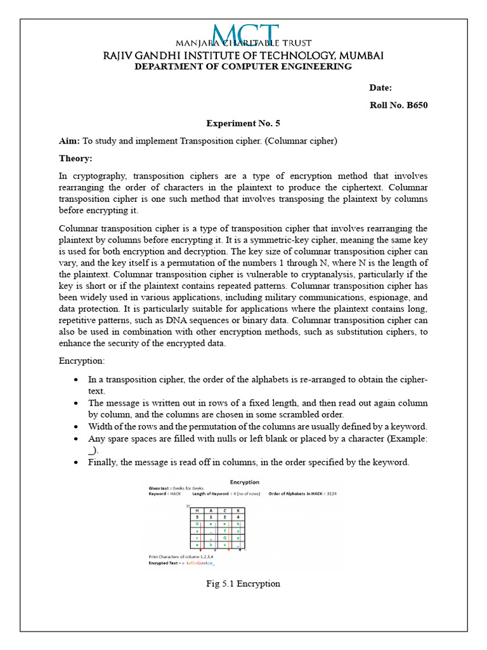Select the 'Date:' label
click(x=380, y=88)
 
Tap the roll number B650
click(x=416, y=105)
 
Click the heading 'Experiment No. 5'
click(x=243, y=123)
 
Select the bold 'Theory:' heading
click(x=75, y=158)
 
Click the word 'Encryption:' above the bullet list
click(x=82, y=361)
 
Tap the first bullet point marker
click(x=76, y=380)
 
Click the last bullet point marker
click(x=76, y=462)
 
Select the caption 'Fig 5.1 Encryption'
click(x=243, y=583)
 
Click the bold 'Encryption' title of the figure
click(x=243, y=482)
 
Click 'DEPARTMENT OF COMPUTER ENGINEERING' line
click(x=243, y=67)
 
